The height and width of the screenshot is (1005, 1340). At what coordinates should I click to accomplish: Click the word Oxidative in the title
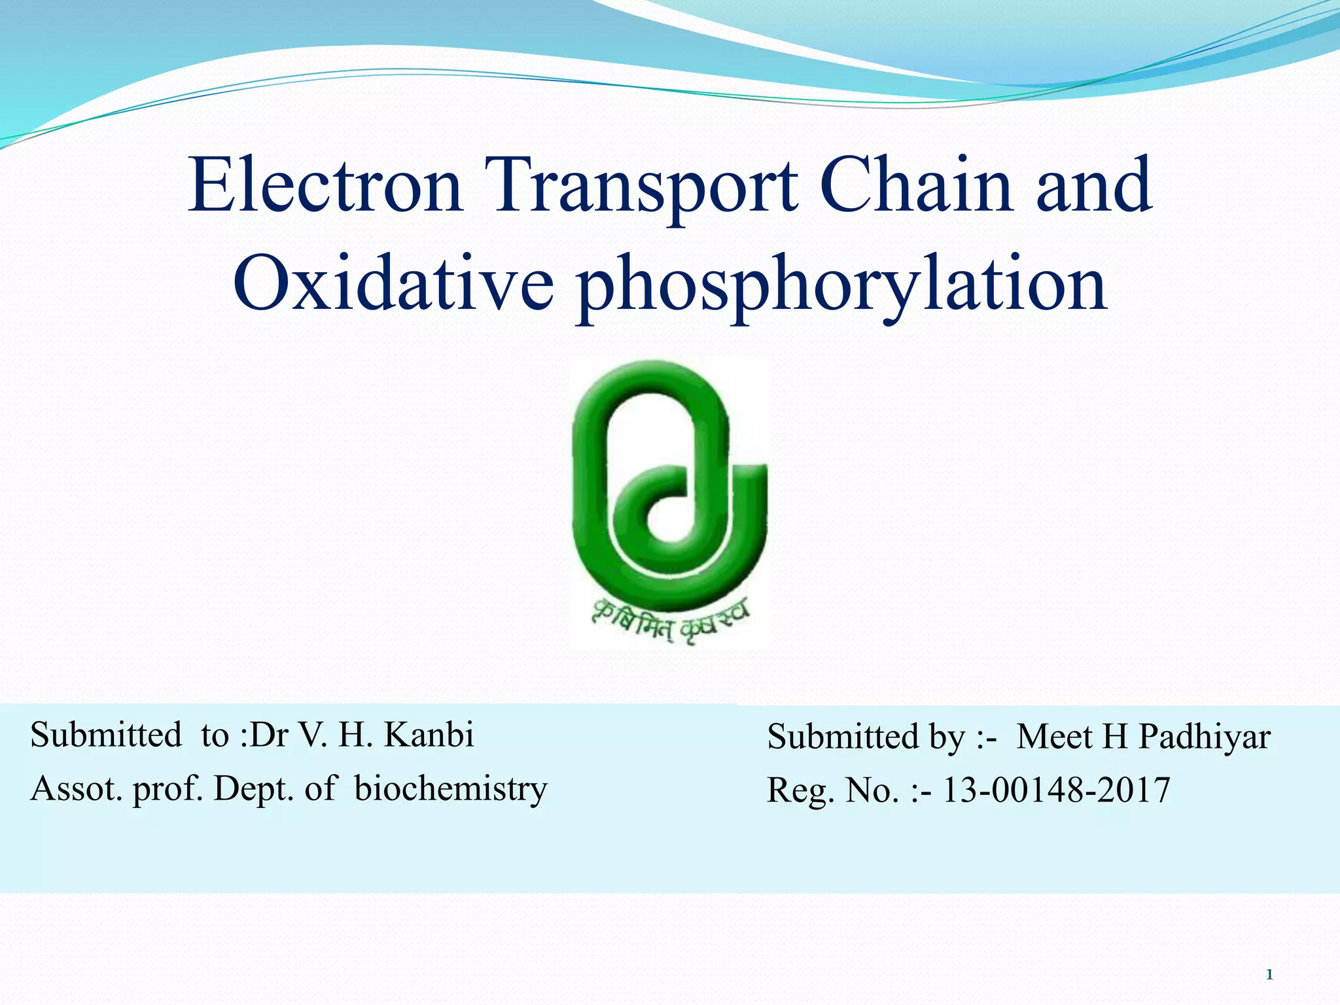tap(393, 285)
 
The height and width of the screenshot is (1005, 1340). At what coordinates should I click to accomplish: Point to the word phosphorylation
tap(841, 288)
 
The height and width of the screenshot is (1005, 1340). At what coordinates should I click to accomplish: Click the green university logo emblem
tap(669, 484)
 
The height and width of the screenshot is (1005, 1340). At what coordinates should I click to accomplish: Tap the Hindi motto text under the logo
tap(670, 622)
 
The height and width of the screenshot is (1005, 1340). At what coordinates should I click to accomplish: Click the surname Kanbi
tap(429, 735)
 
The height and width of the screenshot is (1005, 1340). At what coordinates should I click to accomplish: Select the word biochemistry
tap(450, 788)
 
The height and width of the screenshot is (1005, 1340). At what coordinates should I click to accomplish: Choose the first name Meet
tap(1055, 737)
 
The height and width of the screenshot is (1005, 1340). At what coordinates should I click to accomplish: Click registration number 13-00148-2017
tap(1055, 790)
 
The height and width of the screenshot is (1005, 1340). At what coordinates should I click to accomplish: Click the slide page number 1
tap(1269, 975)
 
